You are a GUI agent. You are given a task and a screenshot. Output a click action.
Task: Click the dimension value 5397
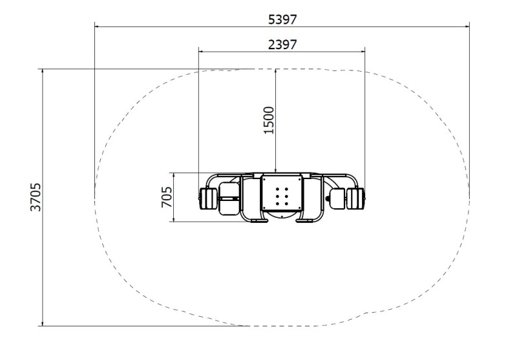point(282,20)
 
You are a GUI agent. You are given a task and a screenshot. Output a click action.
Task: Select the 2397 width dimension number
point(282,45)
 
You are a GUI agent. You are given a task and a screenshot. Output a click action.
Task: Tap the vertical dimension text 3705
point(36,197)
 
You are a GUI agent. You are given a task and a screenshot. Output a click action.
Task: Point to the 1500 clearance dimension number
point(269,120)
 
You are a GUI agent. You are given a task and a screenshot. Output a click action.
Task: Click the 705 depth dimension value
point(167,197)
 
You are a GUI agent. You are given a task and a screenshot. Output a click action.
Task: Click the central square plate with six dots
point(282,193)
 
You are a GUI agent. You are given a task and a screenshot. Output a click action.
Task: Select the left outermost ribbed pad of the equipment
point(207,198)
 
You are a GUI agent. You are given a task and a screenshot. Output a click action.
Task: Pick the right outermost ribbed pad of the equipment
point(355,198)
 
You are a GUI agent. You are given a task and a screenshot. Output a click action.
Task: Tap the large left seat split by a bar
point(229,198)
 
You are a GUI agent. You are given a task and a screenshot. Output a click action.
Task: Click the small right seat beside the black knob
point(337,198)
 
